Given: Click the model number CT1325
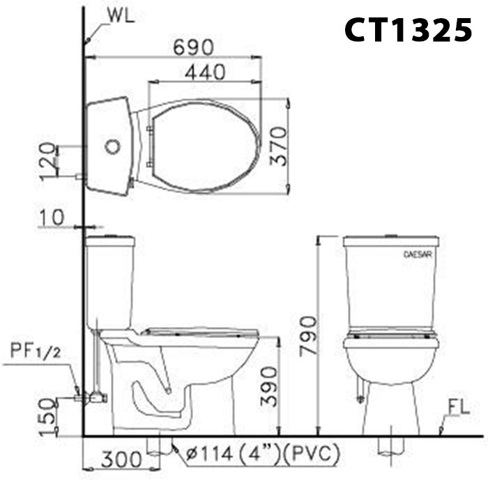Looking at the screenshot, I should coord(409,30).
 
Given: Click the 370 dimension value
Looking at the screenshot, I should coord(278,145).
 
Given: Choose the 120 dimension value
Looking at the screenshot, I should coord(47,160).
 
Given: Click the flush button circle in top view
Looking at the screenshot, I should coord(111,148).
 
